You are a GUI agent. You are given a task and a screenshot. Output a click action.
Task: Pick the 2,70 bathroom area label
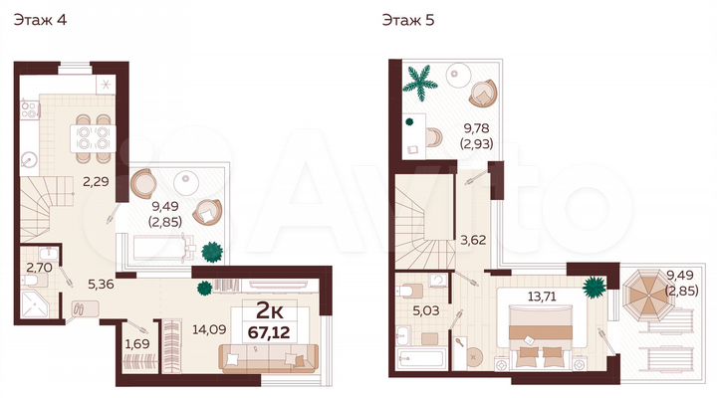pyautogui.click(x=40, y=266)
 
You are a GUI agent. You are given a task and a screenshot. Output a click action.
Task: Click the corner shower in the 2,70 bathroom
pyautogui.click(x=38, y=298)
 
